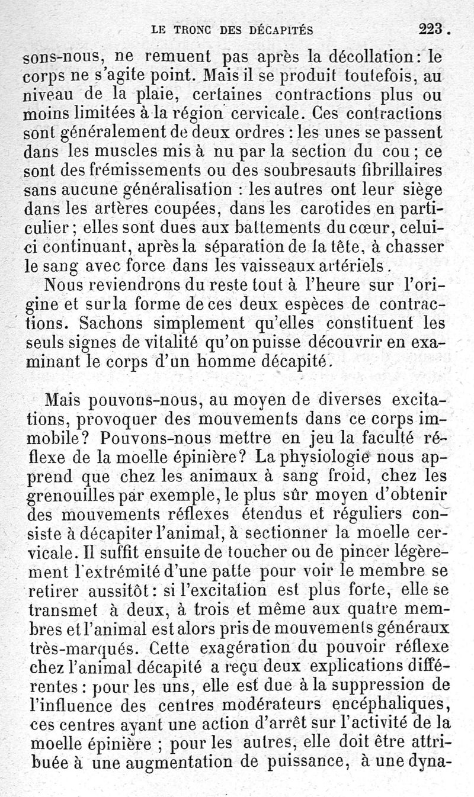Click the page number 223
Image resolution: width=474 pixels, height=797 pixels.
431,28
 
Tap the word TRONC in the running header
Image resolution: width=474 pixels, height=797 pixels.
193,28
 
